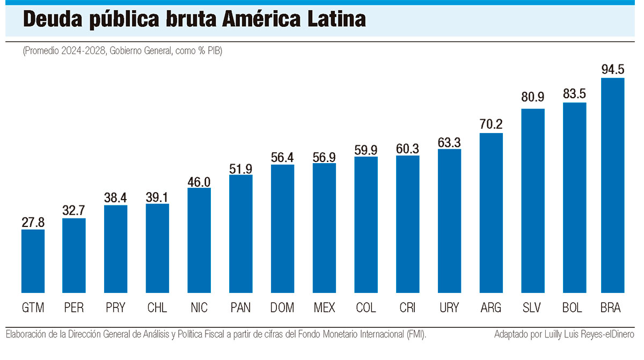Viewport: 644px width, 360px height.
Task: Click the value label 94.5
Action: point(612,70)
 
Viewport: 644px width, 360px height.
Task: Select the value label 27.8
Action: point(33,222)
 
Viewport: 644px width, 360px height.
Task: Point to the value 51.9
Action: point(241,167)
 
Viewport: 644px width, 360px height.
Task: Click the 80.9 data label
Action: point(533,98)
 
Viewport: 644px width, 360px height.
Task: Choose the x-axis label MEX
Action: point(324,308)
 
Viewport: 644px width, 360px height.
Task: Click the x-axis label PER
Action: point(74,308)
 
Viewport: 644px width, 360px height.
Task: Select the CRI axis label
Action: point(407,308)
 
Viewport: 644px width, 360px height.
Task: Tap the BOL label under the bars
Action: point(574,308)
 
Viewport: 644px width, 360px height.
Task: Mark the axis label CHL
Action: point(157,308)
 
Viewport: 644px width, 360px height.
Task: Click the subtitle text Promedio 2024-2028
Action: point(60,52)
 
